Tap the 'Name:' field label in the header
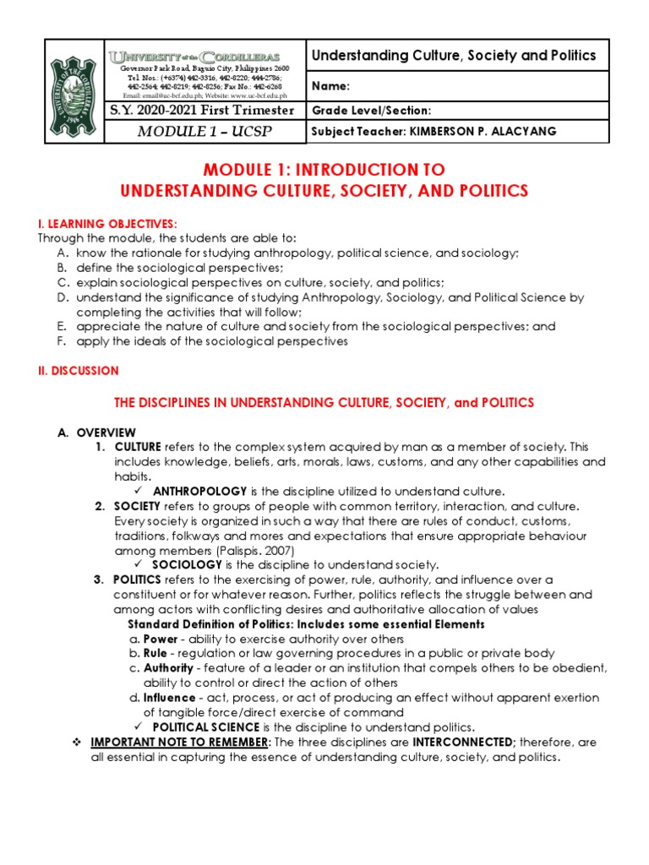(x=330, y=86)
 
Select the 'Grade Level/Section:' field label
(x=371, y=111)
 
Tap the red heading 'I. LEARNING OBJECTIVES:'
(x=106, y=223)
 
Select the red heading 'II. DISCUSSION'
(x=77, y=371)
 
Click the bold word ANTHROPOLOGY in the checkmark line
(x=199, y=491)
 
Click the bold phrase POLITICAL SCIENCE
(x=206, y=727)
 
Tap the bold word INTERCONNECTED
(x=464, y=743)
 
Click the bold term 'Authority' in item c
(x=168, y=668)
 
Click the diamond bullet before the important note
(x=76, y=743)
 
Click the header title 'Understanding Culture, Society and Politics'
(x=454, y=56)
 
